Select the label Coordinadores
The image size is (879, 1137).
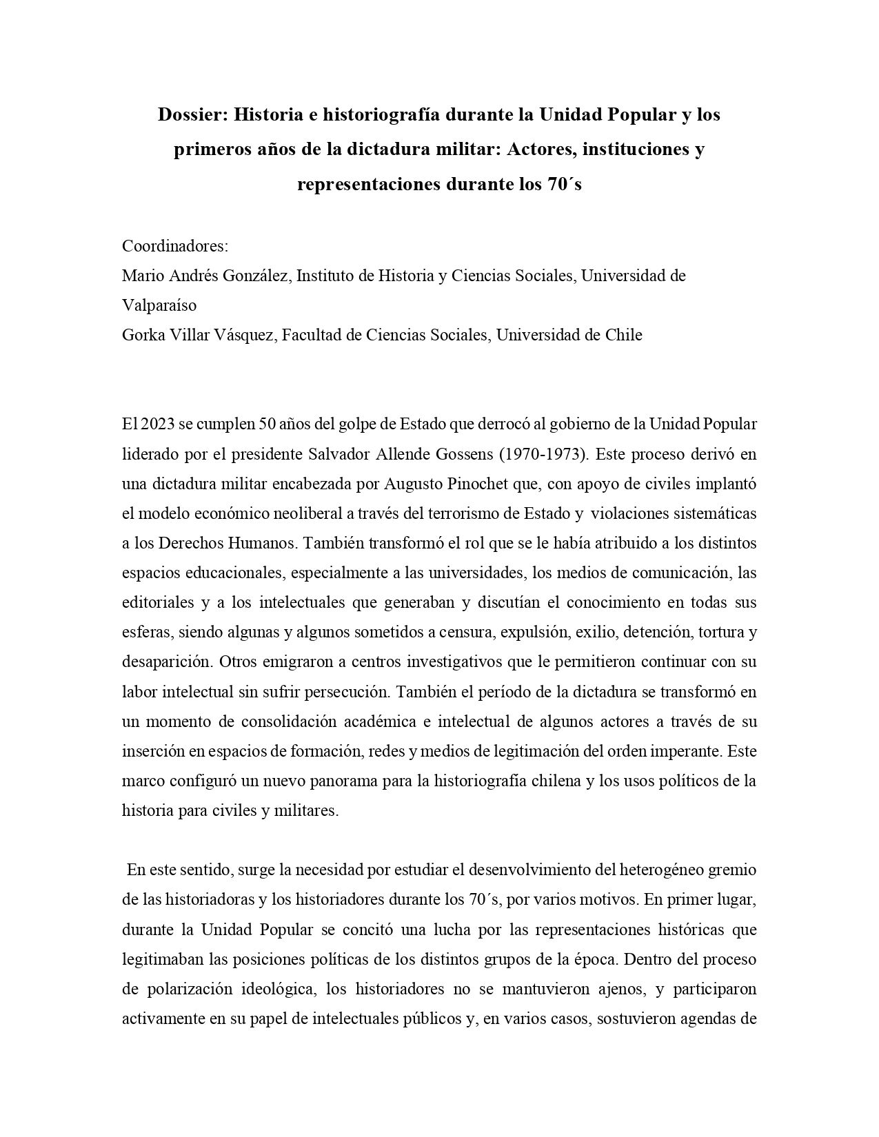[x=174, y=246]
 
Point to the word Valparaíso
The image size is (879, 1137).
[x=159, y=305]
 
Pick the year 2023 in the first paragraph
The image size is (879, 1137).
[x=158, y=424]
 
